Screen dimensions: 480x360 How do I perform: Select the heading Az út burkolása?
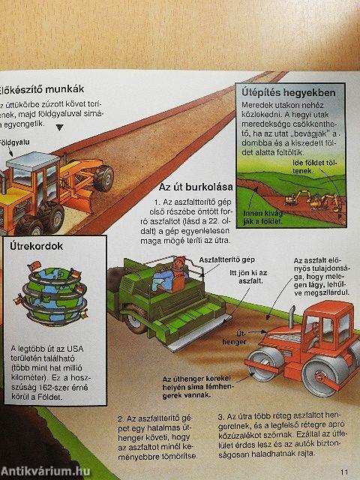pyautogui.click(x=195, y=186)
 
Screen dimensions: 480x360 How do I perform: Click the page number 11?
pyautogui.click(x=344, y=471)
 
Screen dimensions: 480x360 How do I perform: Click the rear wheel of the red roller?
pyautogui.click(x=328, y=376)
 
